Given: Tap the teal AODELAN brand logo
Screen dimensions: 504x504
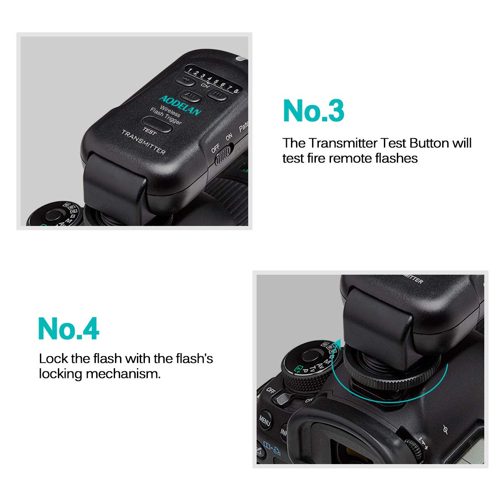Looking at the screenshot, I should click(180, 105).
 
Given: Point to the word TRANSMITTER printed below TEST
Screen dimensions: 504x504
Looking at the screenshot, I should click(143, 142).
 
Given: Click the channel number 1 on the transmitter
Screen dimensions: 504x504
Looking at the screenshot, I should click(190, 70).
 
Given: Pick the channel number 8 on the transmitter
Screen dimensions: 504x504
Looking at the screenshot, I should click(236, 89).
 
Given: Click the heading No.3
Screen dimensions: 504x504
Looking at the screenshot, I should click(314, 111).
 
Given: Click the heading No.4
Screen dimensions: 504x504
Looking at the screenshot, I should click(68, 328).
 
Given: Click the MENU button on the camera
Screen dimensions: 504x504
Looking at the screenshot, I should click(265, 420).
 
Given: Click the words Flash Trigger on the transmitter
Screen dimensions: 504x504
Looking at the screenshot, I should click(166, 116).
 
